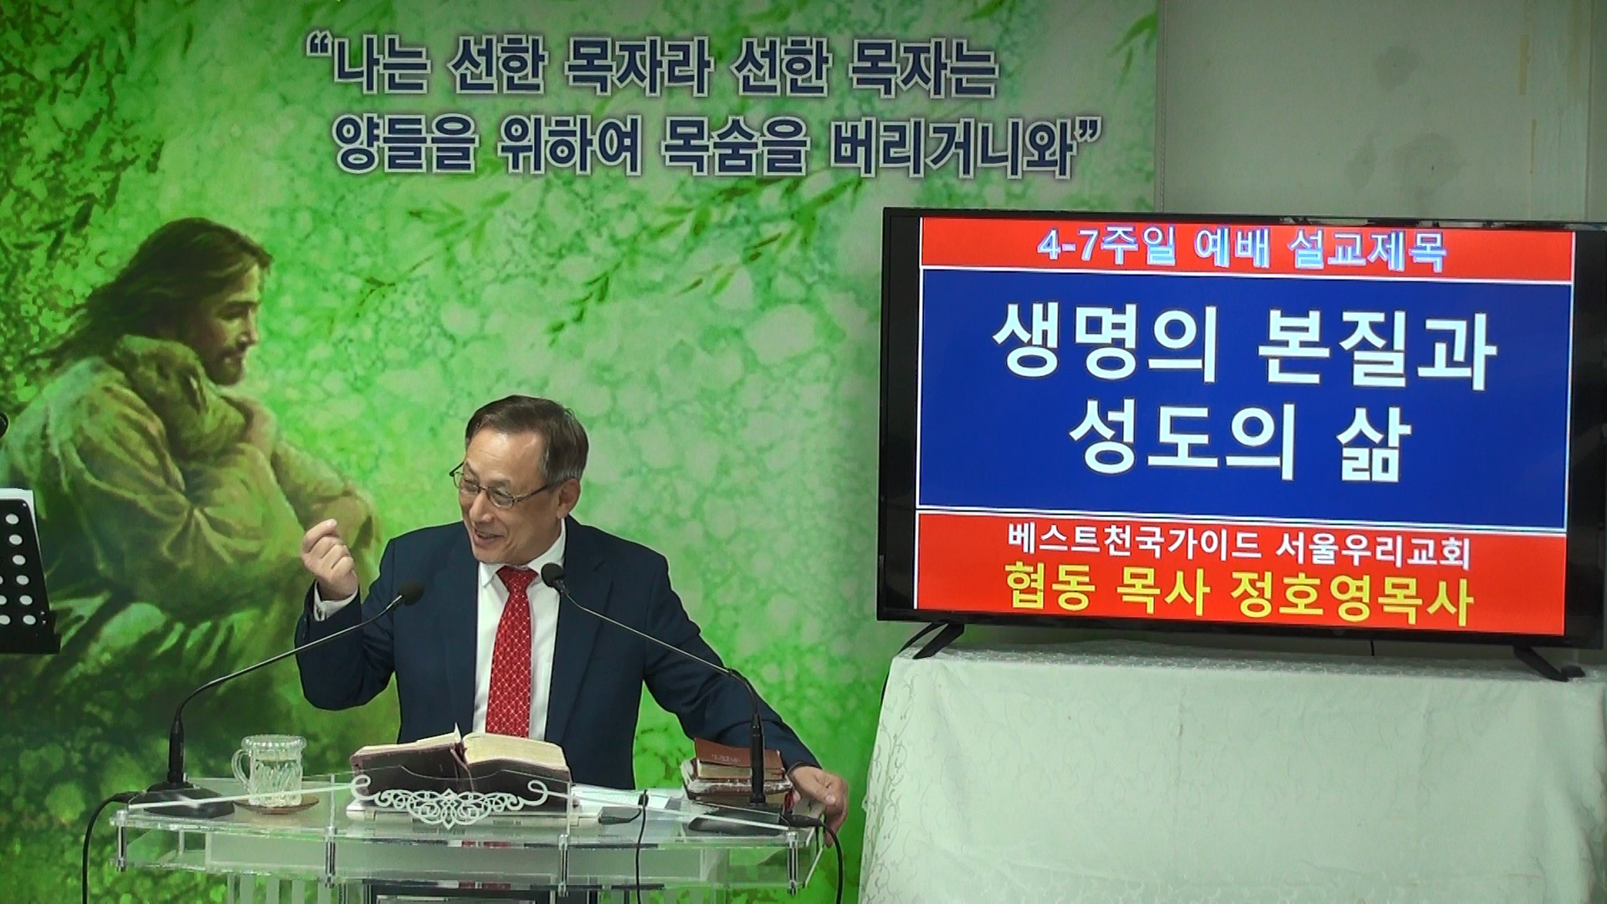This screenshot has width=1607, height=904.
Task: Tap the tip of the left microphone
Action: tap(410, 593)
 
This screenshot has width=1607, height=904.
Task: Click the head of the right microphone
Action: tap(552, 575)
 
